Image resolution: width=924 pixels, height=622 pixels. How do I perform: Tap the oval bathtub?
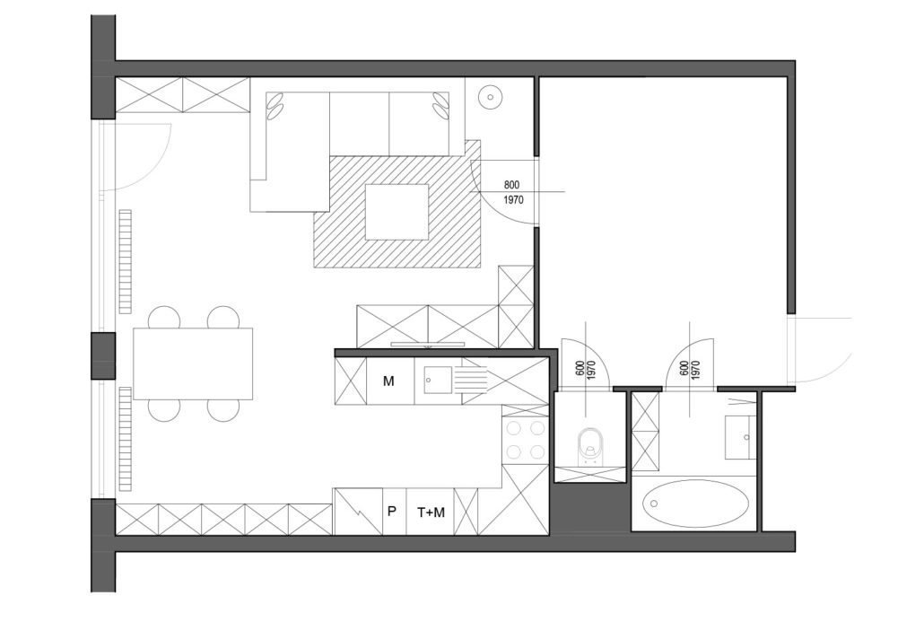click(x=695, y=504)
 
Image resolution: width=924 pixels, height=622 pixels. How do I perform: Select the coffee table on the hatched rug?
click(x=397, y=212)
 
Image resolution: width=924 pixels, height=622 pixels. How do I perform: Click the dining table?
click(x=193, y=364)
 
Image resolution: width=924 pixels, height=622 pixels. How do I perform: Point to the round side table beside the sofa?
click(x=490, y=96)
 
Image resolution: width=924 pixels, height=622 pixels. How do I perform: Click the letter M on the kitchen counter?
click(x=388, y=381)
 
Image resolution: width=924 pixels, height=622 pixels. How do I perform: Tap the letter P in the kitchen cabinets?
click(x=391, y=512)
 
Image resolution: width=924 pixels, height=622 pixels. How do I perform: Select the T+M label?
click(x=431, y=512)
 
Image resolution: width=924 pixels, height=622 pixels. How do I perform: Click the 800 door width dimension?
click(x=511, y=185)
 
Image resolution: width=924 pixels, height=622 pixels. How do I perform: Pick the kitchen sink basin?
click(x=437, y=381)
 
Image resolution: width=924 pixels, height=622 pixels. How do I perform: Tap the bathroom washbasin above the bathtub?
click(x=739, y=437)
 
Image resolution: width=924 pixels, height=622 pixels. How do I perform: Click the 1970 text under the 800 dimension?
click(x=514, y=200)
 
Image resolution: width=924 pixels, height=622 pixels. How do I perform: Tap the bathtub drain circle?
click(x=653, y=504)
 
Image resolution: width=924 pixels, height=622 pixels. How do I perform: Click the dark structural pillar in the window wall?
click(x=103, y=355)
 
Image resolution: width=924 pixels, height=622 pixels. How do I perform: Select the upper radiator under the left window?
click(x=126, y=261)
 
